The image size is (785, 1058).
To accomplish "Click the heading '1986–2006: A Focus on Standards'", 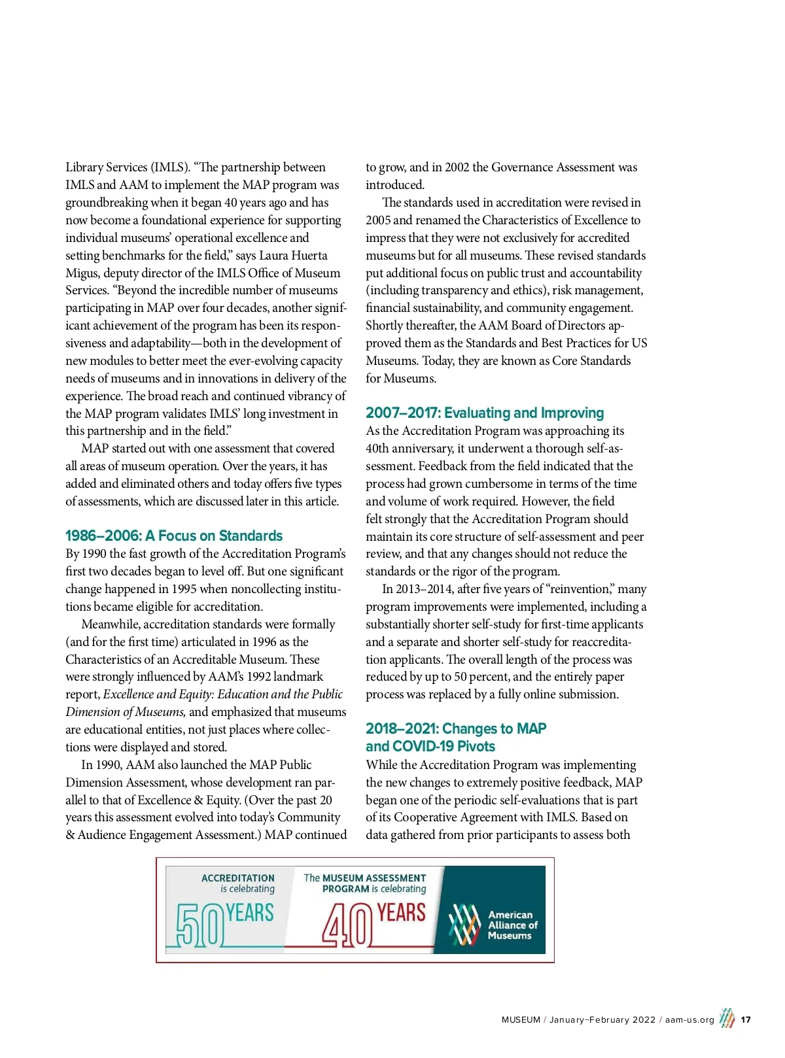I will [174, 536].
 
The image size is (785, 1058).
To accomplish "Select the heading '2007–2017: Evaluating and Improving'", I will [485, 413].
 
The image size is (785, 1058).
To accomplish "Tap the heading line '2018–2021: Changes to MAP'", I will [456, 729].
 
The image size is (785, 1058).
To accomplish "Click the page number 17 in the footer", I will [746, 1020].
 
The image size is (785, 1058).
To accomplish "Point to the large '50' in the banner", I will [200, 925].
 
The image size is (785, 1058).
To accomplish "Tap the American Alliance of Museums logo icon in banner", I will [464, 925].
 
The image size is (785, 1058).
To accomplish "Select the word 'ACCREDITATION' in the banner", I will [238, 878].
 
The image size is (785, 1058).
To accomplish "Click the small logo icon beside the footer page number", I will [727, 1019].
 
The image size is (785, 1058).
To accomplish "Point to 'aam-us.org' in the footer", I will [689, 1020].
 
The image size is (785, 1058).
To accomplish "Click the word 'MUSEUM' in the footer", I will [521, 1020].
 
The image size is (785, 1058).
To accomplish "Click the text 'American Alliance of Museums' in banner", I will [512, 925].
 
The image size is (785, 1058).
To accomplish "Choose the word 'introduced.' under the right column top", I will [395, 185].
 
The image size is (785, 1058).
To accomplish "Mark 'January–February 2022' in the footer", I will [602, 1020].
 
